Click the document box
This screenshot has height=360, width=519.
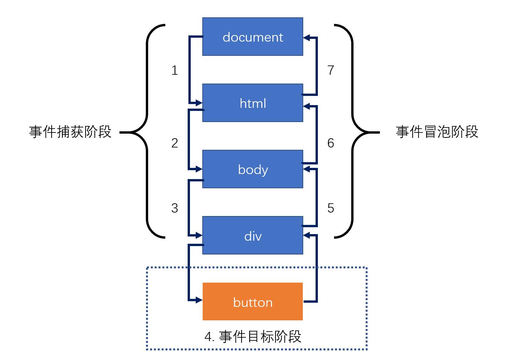click(252, 37)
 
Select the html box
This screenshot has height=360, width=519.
click(252, 103)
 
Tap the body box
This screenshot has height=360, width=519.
click(252, 169)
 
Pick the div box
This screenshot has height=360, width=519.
click(252, 236)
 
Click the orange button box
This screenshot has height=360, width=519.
click(252, 302)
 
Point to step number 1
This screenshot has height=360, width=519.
click(175, 70)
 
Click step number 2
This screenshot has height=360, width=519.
click(175, 143)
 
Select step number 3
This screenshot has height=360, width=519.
click(175, 208)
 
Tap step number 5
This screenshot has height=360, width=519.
click(331, 208)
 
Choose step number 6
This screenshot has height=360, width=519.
click(331, 143)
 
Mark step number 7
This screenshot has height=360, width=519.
click(331, 70)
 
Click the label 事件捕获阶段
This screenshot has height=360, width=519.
click(70, 132)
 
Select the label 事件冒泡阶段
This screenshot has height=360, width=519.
click(437, 132)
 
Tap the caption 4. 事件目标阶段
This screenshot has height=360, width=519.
click(252, 337)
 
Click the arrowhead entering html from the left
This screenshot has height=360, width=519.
click(199, 103)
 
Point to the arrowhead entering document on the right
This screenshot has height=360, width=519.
click(307, 38)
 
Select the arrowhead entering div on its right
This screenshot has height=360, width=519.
click(307, 235)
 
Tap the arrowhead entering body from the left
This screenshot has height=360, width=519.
click(199, 169)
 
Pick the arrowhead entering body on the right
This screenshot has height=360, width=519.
click(307, 169)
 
